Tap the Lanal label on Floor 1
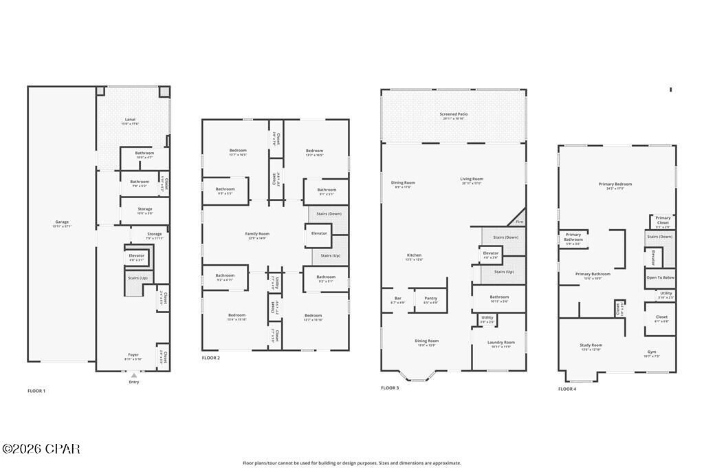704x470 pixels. click(130, 120)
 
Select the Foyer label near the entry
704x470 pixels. click(133, 356)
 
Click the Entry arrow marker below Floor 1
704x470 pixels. click(133, 376)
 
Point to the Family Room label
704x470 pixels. click(257, 235)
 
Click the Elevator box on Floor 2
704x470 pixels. click(319, 234)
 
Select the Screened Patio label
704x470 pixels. click(452, 115)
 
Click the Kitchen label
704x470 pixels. click(414, 256)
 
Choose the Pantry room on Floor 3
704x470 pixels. click(430, 299)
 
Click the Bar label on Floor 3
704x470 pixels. click(397, 299)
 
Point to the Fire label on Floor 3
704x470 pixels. click(519, 222)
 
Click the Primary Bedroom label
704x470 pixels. click(615, 185)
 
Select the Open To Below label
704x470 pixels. click(660, 277)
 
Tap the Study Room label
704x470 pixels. click(591, 346)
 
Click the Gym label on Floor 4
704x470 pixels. click(651, 352)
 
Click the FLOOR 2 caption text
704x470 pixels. click(210, 358)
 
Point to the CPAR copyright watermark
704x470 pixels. click(41, 449)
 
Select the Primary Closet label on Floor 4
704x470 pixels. click(663, 220)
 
